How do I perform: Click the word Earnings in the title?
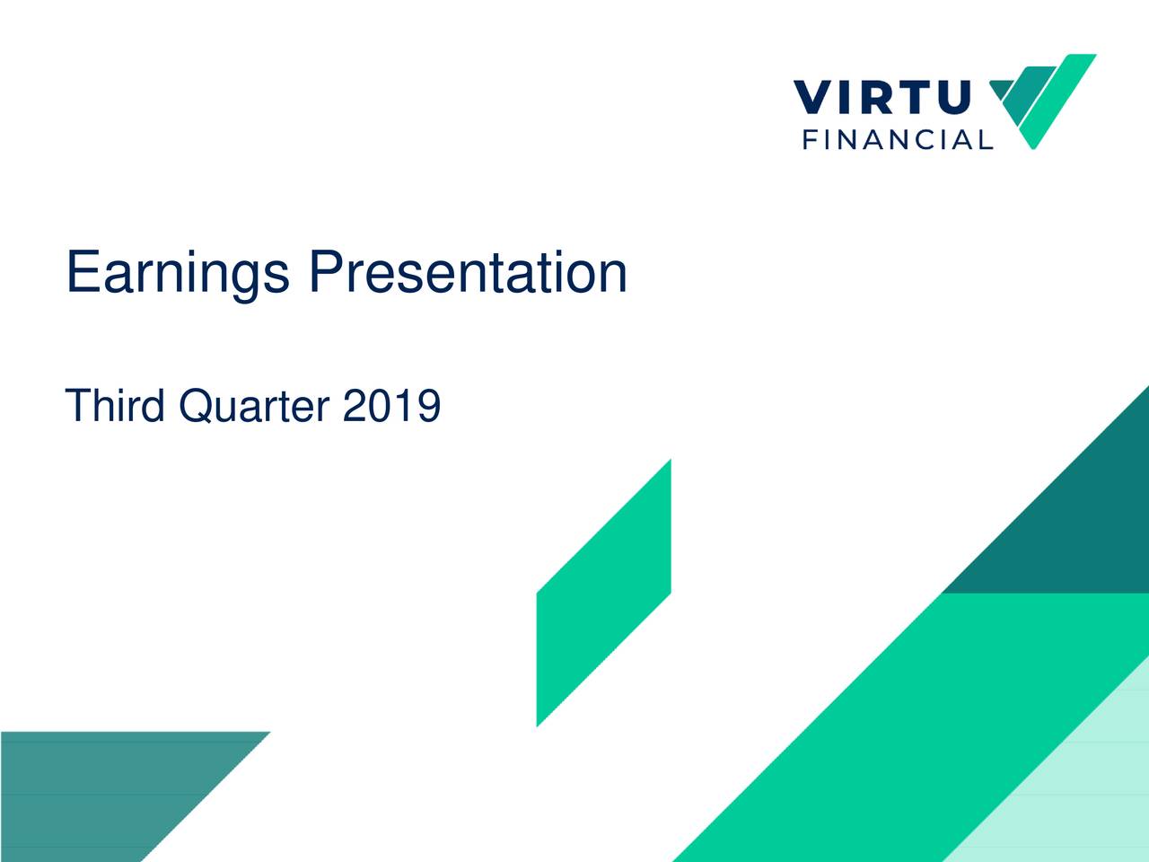click(177, 274)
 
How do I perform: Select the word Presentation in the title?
click(467, 272)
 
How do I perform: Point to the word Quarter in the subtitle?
click(254, 407)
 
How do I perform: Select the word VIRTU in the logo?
click(881, 98)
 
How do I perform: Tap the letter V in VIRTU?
click(813, 98)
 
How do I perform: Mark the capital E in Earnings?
click(82, 272)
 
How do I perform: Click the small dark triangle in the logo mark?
click(998, 89)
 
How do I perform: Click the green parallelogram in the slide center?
click(603, 593)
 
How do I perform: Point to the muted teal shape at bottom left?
click(108, 790)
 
